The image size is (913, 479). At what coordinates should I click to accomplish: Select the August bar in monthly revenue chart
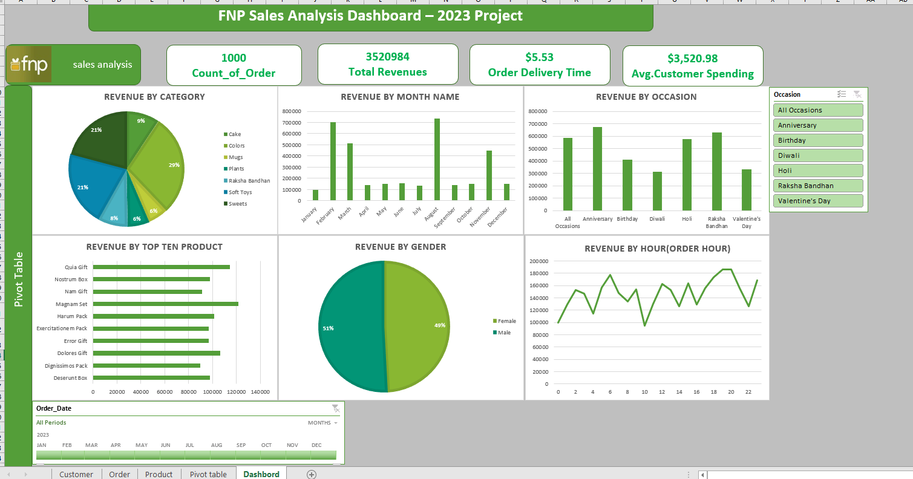click(x=437, y=159)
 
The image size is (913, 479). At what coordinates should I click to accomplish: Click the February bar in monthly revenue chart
click(x=333, y=161)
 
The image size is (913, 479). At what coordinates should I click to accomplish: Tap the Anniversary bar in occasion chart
click(x=597, y=169)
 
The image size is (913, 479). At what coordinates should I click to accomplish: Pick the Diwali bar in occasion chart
click(x=657, y=191)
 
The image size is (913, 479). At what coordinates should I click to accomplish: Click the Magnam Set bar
click(x=166, y=304)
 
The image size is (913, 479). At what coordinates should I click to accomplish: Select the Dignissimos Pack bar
click(x=146, y=366)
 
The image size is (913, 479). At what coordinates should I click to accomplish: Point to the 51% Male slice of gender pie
click(x=350, y=327)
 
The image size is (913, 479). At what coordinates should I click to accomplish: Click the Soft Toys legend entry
click(x=238, y=192)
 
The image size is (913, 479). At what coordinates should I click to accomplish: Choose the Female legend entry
click(x=504, y=321)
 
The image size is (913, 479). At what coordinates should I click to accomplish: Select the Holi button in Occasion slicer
click(x=818, y=171)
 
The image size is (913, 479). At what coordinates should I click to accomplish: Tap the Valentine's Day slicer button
click(x=818, y=201)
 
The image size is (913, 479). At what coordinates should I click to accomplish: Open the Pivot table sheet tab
click(x=208, y=474)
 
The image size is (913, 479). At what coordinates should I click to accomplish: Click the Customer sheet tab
click(x=76, y=474)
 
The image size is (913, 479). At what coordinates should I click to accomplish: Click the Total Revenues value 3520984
click(x=388, y=57)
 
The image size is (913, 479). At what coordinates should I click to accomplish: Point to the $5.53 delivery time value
click(x=539, y=57)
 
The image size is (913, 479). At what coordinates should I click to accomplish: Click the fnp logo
click(x=30, y=64)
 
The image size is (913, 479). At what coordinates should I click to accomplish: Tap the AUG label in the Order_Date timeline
click(x=217, y=445)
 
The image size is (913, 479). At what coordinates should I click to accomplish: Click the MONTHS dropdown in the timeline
click(x=322, y=423)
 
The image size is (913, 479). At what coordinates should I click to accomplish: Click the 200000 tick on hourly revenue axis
click(x=539, y=261)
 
